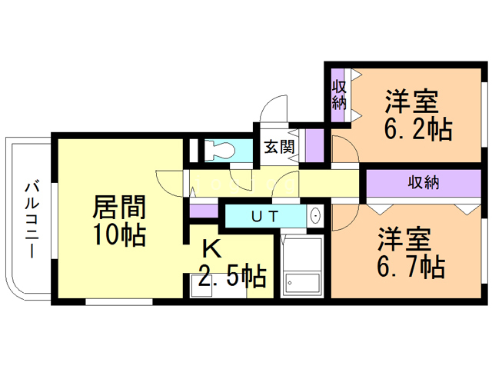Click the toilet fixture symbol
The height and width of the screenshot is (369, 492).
(x=220, y=150)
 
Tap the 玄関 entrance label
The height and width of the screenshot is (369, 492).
(x=279, y=147)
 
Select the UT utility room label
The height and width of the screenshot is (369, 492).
(x=265, y=216)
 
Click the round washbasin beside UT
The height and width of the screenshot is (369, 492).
(x=315, y=216)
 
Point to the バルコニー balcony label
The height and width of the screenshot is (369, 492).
(x=32, y=219)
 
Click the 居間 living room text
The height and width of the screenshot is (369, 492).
(x=119, y=207)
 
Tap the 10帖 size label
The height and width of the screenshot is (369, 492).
(x=119, y=234)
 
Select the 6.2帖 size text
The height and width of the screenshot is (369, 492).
(x=418, y=128)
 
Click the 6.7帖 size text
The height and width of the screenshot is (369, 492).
(x=411, y=267)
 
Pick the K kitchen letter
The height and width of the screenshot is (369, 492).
(x=211, y=249)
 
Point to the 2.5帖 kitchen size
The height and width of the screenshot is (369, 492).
(x=232, y=276)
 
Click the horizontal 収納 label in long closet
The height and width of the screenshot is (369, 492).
(x=424, y=182)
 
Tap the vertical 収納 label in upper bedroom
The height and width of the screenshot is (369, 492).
(x=339, y=95)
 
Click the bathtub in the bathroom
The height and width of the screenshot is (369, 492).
(x=302, y=267)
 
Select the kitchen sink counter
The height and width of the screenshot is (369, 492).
(x=218, y=285)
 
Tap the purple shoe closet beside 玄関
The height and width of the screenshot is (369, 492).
(x=314, y=145)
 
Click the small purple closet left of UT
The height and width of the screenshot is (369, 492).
(x=204, y=211)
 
